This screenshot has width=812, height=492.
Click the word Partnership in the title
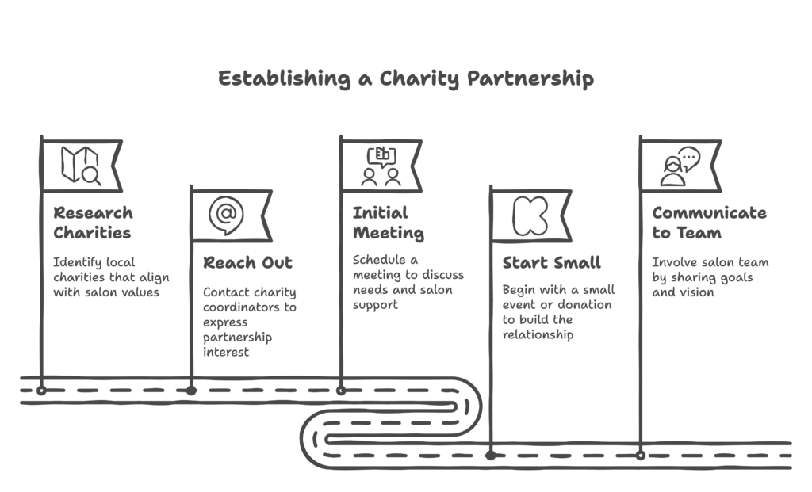(530, 78)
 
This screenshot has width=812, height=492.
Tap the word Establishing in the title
(285, 78)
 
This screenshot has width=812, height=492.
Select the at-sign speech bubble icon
(226, 215)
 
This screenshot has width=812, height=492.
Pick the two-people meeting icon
(381, 166)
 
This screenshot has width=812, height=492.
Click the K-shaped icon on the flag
(530, 216)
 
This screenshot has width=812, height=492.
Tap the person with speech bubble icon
(680, 166)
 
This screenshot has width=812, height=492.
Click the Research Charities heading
(94, 223)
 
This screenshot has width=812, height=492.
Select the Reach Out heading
(247, 263)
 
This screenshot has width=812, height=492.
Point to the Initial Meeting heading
(389, 223)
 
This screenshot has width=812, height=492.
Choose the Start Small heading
(552, 263)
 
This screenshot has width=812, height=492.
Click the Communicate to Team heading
(710, 223)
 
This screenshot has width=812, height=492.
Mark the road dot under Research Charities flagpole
(41, 391)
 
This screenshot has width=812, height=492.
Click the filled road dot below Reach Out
(192, 391)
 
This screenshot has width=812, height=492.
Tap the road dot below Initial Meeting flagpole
(341, 391)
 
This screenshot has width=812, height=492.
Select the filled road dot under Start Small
(490, 456)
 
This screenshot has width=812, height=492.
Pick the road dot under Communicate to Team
(641, 456)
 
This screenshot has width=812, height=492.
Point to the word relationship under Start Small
(538, 334)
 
